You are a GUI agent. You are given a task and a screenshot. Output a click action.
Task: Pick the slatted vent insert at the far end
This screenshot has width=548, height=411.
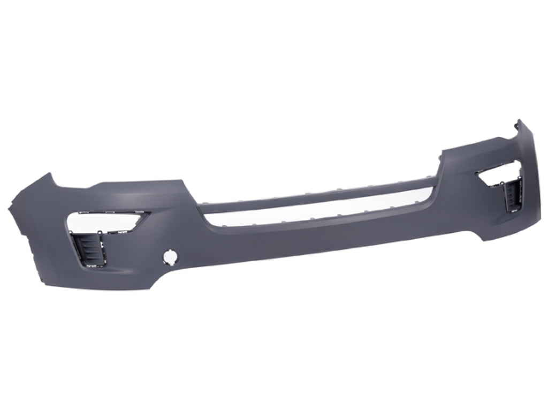511,197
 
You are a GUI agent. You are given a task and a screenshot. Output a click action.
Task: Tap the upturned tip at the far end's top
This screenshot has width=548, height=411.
518,124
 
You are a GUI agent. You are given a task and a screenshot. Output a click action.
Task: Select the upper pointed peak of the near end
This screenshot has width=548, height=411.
49,176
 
